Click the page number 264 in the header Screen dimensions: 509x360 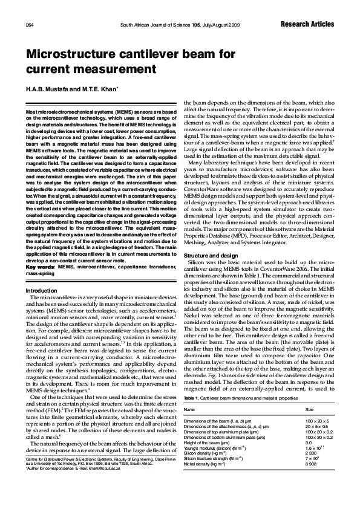point(30,24)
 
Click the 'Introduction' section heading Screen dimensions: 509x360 point(41,291)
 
